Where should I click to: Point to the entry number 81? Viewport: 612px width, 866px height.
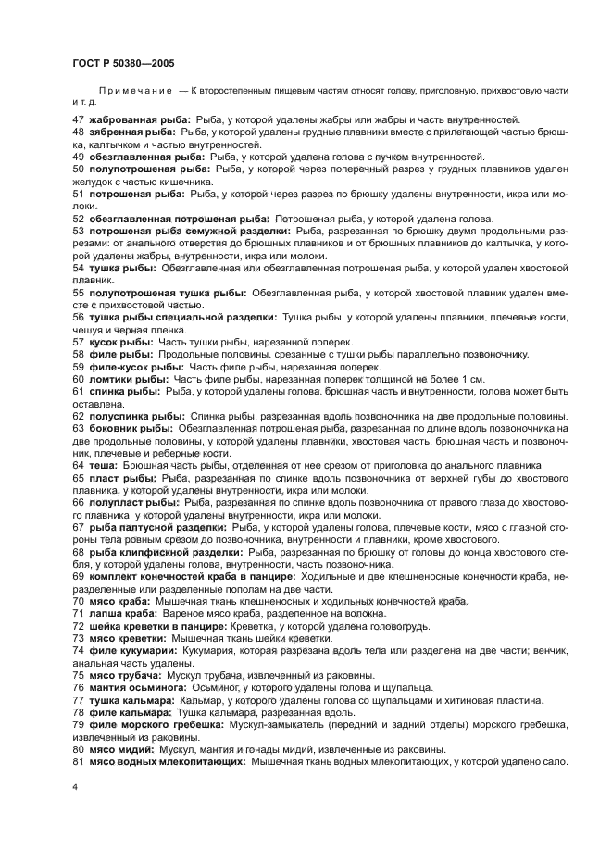pyautogui.click(x=78, y=761)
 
